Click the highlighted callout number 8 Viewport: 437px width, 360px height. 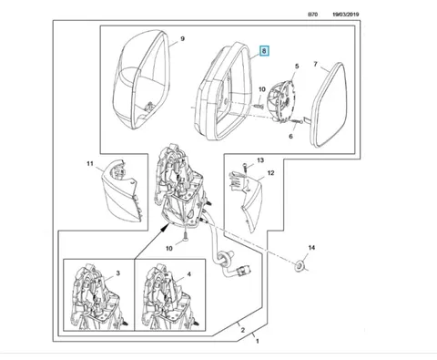coord(264,51)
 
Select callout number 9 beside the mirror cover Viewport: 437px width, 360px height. coord(182,39)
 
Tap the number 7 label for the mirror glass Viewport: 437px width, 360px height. coord(316,64)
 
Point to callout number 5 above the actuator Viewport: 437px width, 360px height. coord(297,66)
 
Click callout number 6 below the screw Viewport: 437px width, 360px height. coord(290,137)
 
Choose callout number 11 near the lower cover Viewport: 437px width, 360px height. coord(90,164)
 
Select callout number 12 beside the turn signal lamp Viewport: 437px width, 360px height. coord(270,173)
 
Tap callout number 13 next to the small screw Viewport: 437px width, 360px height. coord(260,160)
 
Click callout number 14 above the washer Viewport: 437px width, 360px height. coord(311,248)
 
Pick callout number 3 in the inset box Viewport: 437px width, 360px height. coord(118,273)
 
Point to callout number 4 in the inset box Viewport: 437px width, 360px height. coord(188,274)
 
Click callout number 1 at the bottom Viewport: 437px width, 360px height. coord(258,341)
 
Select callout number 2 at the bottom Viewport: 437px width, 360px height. coord(243,330)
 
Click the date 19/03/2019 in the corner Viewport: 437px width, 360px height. coord(346,15)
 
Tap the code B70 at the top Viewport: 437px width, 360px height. coord(312,15)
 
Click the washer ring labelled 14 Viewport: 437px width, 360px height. coord(300,266)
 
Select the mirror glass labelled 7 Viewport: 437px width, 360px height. coord(330,105)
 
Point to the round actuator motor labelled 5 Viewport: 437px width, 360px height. coord(281,101)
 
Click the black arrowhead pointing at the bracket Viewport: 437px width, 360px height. coord(166,227)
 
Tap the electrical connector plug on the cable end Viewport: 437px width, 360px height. coord(244,269)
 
